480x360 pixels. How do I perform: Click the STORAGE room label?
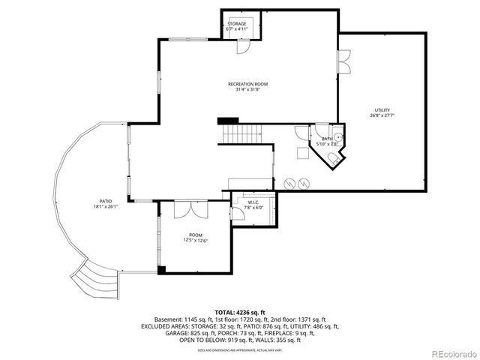pyautogui.click(x=237, y=24)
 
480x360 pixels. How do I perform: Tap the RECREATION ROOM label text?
pyautogui.click(x=247, y=84)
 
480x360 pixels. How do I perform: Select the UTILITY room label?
pyautogui.click(x=381, y=109)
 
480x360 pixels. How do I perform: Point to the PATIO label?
pyautogui.click(x=106, y=201)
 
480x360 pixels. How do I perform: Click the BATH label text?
pyautogui.click(x=327, y=139)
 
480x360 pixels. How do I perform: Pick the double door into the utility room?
pyautogui.click(x=343, y=61)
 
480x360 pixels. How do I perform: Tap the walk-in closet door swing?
pyautogui.click(x=237, y=214)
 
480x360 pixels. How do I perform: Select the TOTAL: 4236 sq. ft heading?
pyautogui.click(x=239, y=311)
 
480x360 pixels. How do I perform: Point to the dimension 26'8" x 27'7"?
pyautogui.click(x=381, y=115)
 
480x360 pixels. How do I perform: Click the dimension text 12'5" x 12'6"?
pyautogui.click(x=195, y=240)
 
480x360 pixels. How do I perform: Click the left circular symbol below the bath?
pyautogui.click(x=289, y=182)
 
